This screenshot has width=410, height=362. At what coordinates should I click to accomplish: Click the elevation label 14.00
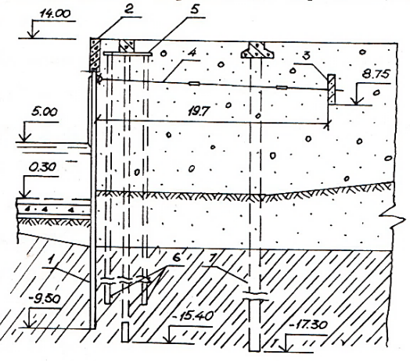pyautogui.click(x=56, y=13)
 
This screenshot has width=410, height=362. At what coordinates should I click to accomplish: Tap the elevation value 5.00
pyautogui.click(x=45, y=113)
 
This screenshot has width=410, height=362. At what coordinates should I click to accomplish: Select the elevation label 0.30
pyautogui.click(x=42, y=167)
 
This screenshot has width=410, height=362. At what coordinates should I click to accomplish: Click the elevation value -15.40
pyautogui.click(x=193, y=317)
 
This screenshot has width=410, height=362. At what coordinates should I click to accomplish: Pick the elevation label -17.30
pyautogui.click(x=308, y=326)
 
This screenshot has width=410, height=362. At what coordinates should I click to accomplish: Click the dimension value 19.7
pyautogui.click(x=199, y=112)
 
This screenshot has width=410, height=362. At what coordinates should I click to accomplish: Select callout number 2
pyautogui.click(x=129, y=9)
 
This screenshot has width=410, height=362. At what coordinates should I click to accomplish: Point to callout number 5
pyautogui.click(x=195, y=9)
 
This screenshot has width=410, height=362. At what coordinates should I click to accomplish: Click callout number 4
pyautogui.click(x=192, y=53)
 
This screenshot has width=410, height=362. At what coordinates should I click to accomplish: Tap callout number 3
pyautogui.click(x=307, y=56)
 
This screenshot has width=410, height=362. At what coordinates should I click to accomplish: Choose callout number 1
pyautogui.click(x=52, y=260)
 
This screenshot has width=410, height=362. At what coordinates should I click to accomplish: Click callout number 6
pyautogui.click(x=177, y=258)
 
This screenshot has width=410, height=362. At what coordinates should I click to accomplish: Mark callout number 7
pyautogui.click(x=211, y=259)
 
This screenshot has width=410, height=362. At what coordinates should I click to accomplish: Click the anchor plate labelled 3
pyautogui.click(x=332, y=89)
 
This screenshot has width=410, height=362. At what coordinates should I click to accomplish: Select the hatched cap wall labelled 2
pyautogui.click(x=95, y=55)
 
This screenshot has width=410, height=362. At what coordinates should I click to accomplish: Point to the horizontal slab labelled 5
pyautogui.click(x=128, y=54)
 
